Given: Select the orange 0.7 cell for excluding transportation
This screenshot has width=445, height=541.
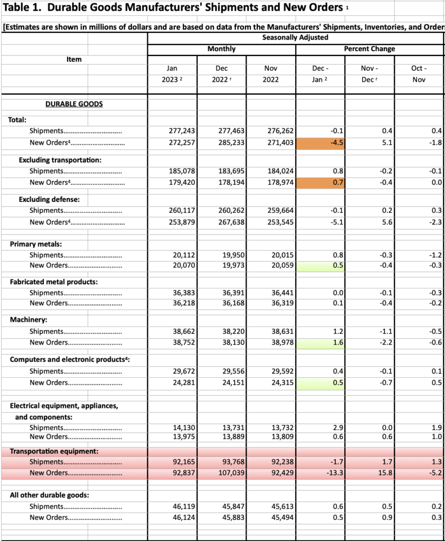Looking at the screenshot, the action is [320, 182].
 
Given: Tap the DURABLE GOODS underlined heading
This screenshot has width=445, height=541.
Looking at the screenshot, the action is [74, 104].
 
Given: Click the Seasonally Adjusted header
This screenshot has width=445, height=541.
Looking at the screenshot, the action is [295, 38].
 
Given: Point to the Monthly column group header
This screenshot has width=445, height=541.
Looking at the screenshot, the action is [222, 49].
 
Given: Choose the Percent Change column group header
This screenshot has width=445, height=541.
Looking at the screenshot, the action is [370, 49].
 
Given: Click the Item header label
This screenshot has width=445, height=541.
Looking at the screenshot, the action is [74, 59].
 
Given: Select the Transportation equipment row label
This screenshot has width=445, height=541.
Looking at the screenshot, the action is [54, 452].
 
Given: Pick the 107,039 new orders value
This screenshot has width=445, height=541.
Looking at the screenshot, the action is [232, 473].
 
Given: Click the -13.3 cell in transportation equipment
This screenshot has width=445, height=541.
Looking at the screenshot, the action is [335, 473].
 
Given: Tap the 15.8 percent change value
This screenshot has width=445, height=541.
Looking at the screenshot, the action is [385, 473].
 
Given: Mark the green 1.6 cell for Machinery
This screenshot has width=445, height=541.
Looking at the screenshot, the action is [320, 343].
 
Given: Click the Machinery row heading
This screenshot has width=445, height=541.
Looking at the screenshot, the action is [29, 320].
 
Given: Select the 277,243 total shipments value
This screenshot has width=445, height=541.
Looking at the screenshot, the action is [182, 131].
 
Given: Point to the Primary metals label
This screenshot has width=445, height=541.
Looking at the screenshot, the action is [36, 244].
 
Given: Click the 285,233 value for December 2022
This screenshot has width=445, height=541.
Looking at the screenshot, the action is [232, 143].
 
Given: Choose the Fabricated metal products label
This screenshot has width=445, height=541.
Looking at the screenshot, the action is [54, 282].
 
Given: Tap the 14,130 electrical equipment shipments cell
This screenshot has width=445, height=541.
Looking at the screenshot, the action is [184, 428].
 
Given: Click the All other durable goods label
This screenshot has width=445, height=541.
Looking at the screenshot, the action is [49, 496].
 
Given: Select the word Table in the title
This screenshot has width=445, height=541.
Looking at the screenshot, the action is [16, 7].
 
